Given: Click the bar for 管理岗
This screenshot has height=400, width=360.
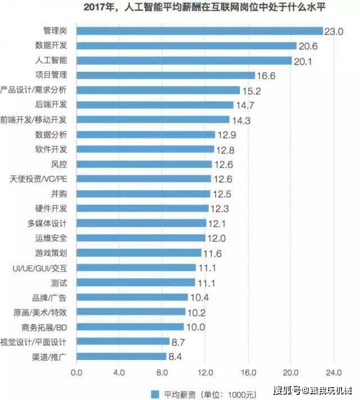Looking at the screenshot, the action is (x=200, y=31).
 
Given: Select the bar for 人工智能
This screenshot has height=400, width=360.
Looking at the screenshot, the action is (x=184, y=60).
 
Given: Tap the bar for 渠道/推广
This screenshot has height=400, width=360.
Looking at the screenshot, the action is (x=121, y=356).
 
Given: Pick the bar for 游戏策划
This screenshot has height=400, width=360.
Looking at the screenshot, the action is (x=139, y=253).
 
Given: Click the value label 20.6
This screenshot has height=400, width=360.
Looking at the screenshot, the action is (x=308, y=46).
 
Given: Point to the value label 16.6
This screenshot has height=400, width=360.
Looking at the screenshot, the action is (x=266, y=76).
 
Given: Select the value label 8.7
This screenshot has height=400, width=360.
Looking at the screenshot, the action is (x=178, y=342).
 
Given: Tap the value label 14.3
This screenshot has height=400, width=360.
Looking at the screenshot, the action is (x=241, y=120).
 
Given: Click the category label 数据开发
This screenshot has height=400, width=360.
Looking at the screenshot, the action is (x=51, y=45).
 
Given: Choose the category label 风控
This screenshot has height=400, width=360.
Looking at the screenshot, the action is (x=59, y=164).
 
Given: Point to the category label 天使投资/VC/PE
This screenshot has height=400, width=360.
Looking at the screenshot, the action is (x=38, y=179).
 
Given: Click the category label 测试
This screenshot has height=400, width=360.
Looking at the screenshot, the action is (x=59, y=283).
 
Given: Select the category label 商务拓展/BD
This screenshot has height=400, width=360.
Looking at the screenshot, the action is (x=44, y=327).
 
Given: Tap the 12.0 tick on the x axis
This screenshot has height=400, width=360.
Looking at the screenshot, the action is (x=205, y=372).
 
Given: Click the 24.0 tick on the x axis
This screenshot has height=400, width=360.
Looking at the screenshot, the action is (x=334, y=372).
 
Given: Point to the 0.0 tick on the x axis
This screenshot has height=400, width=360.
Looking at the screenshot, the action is (x=76, y=372).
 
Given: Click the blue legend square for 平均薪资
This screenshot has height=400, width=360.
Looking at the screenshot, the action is (x=155, y=394).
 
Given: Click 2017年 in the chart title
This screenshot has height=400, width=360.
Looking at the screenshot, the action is (x=99, y=7).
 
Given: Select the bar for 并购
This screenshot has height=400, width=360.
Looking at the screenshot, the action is (x=143, y=194).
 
